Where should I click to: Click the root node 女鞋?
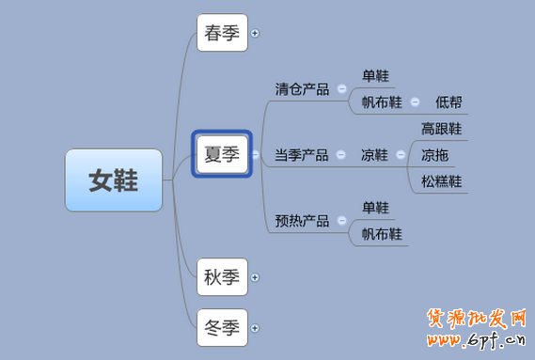tap(114, 180)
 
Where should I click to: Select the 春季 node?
tap(223, 33)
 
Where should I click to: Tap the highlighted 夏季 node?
tap(223, 153)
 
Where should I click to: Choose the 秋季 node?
tap(223, 277)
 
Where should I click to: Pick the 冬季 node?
tap(223, 328)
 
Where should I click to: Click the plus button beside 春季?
tap(255, 33)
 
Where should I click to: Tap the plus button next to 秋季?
tap(255, 277)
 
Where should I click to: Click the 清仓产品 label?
tap(302, 89)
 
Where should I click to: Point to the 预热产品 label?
tap(302, 222)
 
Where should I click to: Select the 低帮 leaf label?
tap(448, 102)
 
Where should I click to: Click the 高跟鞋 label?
tap(441, 129)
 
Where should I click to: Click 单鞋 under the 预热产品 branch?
tap(375, 208)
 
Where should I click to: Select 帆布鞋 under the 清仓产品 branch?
tap(382, 102)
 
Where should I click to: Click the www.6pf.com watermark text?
tap(479, 343)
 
